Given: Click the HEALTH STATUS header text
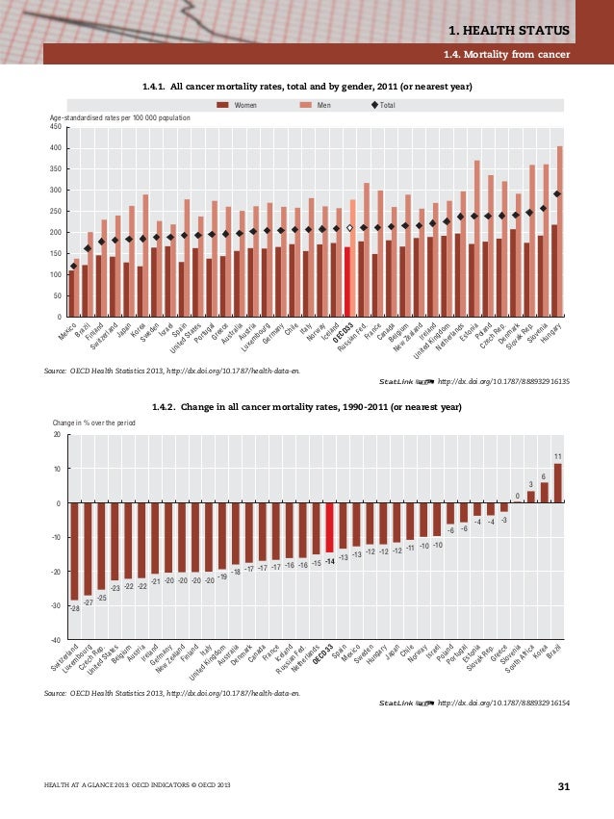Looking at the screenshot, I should (x=520, y=34).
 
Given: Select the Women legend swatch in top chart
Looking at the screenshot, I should (x=223, y=105).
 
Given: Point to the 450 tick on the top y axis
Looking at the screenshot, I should (x=55, y=126).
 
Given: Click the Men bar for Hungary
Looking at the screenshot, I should (x=561, y=231).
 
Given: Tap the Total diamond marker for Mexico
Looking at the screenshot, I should (x=73, y=266).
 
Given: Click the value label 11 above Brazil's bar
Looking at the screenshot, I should (x=557, y=455).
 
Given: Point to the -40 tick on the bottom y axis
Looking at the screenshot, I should (x=56, y=640).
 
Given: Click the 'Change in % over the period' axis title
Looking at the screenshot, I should (x=93, y=422).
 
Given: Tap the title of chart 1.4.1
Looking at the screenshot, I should (x=307, y=89).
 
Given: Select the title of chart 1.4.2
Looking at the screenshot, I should (x=307, y=408).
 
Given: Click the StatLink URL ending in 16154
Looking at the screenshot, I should (x=503, y=704).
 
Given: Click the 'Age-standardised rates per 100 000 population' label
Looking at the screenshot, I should (x=119, y=117).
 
